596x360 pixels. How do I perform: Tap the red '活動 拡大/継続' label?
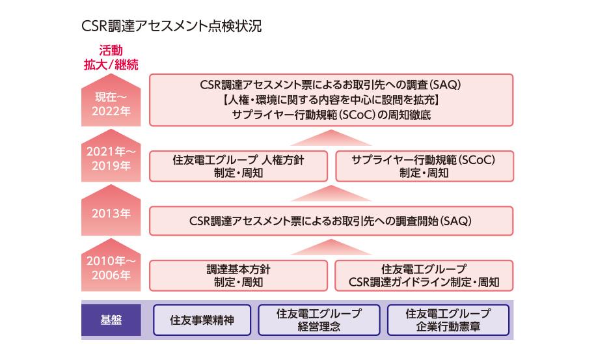click(111, 57)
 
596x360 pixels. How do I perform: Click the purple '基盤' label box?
click(111, 320)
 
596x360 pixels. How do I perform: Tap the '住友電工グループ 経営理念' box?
click(318, 320)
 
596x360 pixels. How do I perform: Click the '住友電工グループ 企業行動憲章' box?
click(448, 320)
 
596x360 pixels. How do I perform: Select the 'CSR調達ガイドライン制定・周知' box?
click(424, 275)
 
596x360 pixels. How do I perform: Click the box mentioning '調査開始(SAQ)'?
click(331, 221)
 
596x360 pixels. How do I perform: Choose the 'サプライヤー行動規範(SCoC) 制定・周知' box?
click(424, 166)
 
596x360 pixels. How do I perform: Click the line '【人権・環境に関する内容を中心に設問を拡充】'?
click(331, 100)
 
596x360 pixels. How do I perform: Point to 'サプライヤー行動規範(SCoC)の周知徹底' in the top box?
click(331, 115)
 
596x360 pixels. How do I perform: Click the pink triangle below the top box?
click(331, 137)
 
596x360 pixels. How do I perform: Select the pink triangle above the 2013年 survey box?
click(331, 193)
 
